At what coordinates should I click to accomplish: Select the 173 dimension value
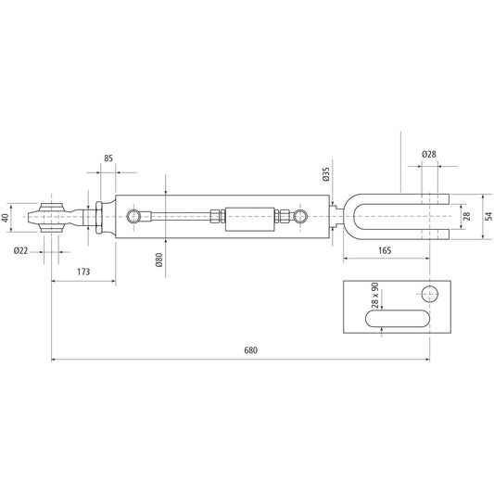[x=83, y=272]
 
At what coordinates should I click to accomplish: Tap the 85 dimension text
[x=109, y=158]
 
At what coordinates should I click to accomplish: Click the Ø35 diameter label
[x=326, y=175]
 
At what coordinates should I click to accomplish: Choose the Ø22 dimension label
[x=19, y=251]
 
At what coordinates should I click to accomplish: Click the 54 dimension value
[x=488, y=217]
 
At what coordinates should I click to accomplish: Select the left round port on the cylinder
[x=136, y=217]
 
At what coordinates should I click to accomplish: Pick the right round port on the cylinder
[x=299, y=217]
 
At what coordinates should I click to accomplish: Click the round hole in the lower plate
[x=429, y=295]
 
